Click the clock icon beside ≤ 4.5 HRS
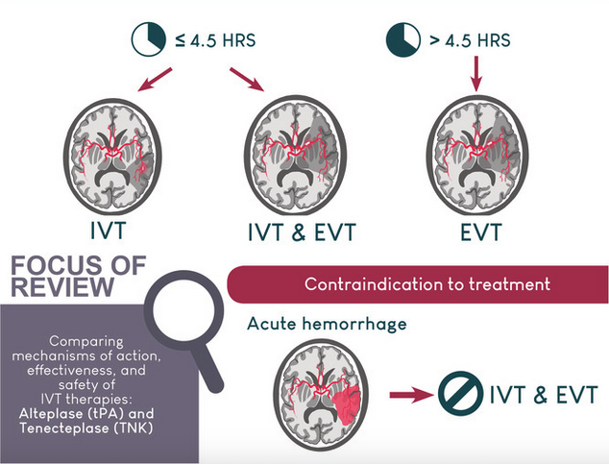tap(148, 39)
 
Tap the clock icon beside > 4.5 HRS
tap(403, 40)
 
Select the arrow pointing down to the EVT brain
tap(476, 74)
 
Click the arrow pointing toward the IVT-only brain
tap(155, 80)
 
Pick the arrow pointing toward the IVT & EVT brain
tap(247, 80)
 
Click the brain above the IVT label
tap(112, 157)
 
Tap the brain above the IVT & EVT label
tap(295, 156)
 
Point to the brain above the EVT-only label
tap(477, 156)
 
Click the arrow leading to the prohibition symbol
tap(411, 395)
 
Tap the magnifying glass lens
tap(183, 309)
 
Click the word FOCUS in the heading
tap(55, 265)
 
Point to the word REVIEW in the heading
tap(62, 287)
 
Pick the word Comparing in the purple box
tap(86, 342)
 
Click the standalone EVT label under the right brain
tap(481, 232)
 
